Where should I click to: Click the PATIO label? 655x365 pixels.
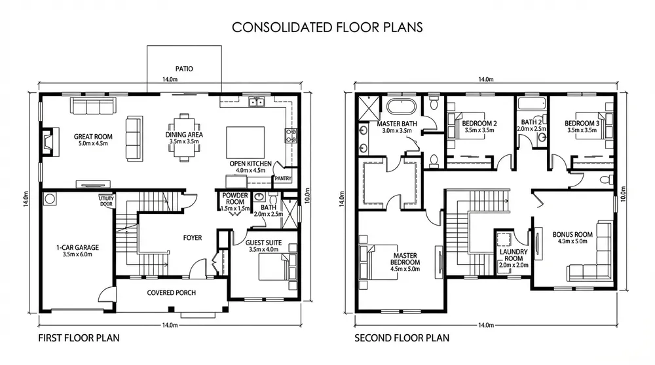point(184,69)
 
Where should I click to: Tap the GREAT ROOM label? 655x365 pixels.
point(93,137)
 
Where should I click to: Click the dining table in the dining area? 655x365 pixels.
point(184,137)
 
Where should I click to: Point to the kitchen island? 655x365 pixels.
point(245,142)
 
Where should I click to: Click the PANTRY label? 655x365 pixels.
point(283,179)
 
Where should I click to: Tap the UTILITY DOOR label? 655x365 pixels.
point(106,201)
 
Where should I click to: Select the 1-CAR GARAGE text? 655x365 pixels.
point(78,247)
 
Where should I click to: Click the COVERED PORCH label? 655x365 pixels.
point(171,293)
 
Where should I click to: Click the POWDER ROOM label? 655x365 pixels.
point(234,199)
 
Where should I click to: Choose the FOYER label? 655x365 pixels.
point(193,237)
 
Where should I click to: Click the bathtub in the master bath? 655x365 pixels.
point(402,107)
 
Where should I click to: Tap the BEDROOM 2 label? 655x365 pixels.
point(479,124)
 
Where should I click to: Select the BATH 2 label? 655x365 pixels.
point(531,122)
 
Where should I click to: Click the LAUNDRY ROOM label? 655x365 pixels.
point(514,255)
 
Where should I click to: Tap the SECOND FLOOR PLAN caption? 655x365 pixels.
point(402,338)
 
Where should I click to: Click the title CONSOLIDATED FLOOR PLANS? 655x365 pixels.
point(327,27)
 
